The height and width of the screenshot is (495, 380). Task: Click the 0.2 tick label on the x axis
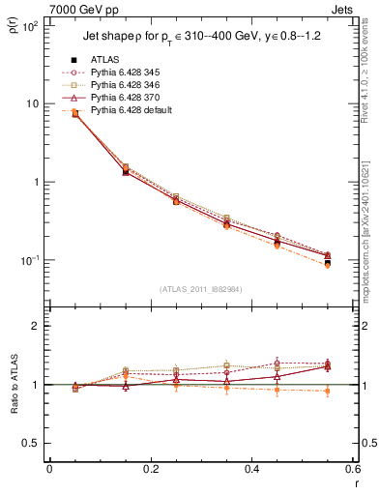coord(150,469)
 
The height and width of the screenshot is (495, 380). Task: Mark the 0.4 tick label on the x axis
coord(251,469)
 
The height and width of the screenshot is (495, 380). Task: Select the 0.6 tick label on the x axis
coord(352,469)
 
